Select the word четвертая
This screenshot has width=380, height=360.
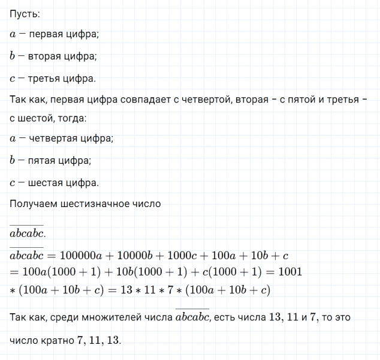pos(51,139)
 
